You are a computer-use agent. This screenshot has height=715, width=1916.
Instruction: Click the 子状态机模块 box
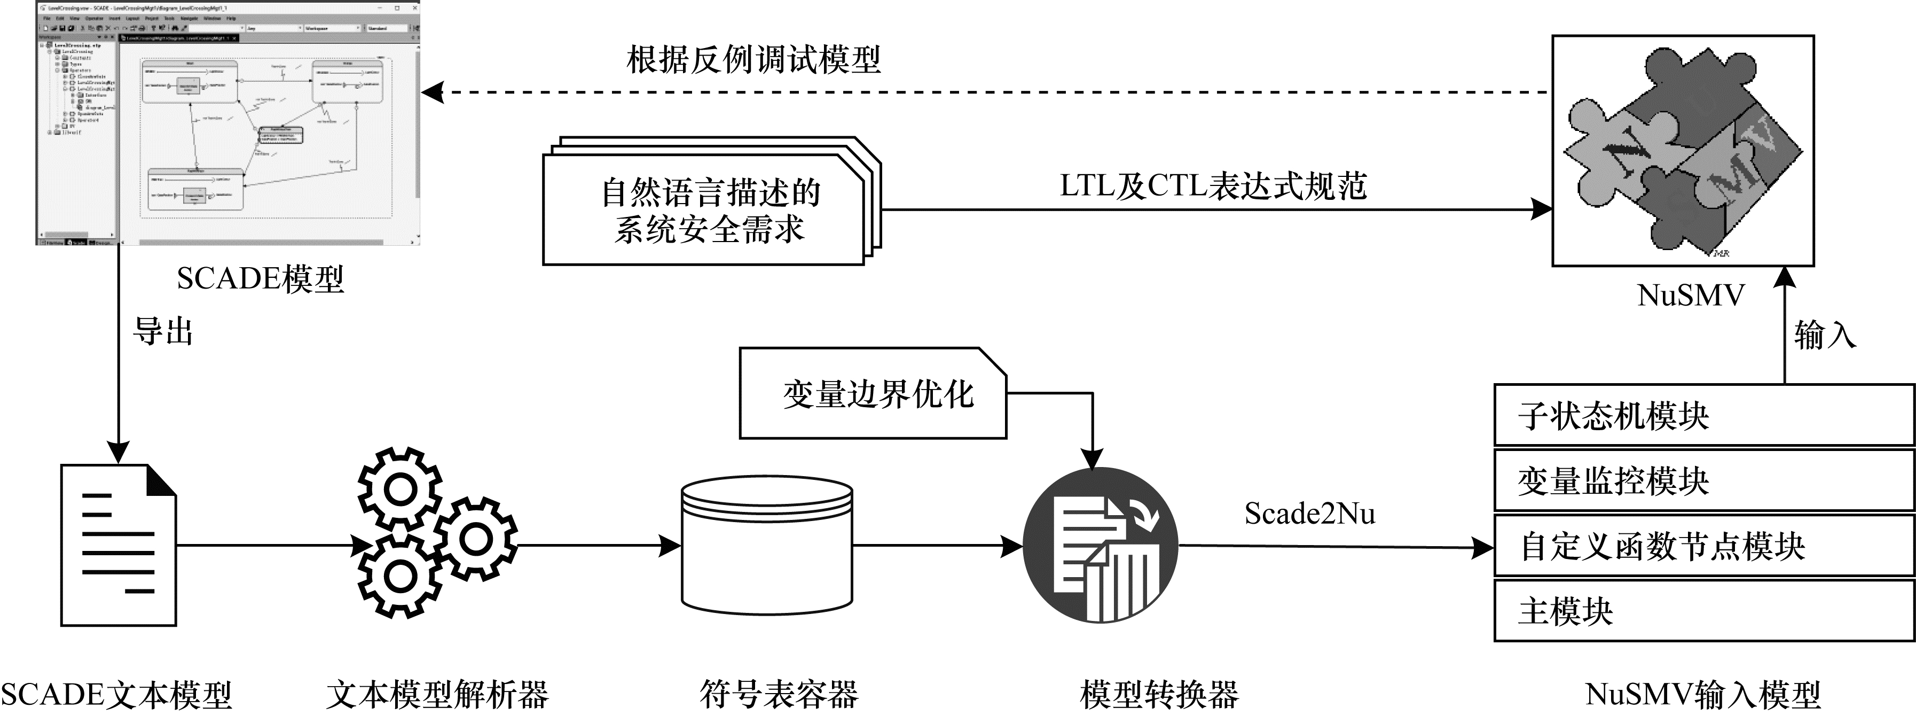(x=1703, y=415)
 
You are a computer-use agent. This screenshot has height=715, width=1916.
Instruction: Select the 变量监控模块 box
(x=1703, y=480)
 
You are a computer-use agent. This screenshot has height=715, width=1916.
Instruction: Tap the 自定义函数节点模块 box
(x=1703, y=546)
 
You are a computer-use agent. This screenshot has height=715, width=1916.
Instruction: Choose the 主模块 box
(x=1703, y=611)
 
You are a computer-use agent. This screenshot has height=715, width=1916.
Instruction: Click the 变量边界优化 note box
(x=873, y=394)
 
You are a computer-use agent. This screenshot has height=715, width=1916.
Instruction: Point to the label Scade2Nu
(x=1310, y=514)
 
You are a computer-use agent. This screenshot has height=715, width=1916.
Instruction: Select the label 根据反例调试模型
(x=753, y=59)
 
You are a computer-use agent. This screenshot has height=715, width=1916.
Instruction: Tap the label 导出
(x=163, y=331)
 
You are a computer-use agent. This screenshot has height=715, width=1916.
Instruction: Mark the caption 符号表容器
(x=779, y=694)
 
